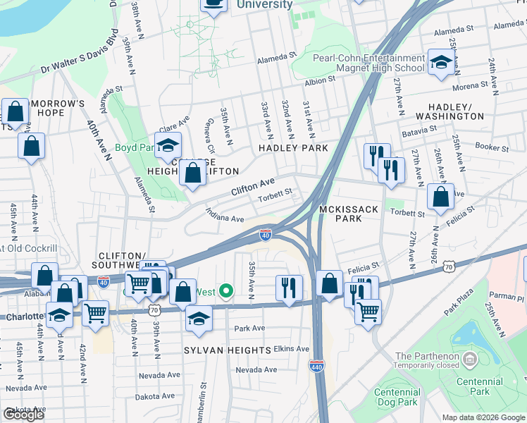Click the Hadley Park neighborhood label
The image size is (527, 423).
pos(293,148)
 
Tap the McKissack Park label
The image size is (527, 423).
pos(350,214)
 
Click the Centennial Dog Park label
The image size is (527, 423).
pos(397,397)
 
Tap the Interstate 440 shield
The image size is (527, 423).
pos(316,365)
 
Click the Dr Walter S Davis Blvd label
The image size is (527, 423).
pos(79,51)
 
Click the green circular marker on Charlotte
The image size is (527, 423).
pos(226,290)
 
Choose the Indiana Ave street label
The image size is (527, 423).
pos(224,214)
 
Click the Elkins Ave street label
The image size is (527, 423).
pos(292,348)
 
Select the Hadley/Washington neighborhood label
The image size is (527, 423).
pos(450,111)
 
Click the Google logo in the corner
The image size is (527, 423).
pos(24,415)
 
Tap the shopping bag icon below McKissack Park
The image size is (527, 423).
pos(329,283)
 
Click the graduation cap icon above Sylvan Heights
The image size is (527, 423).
pos(199,319)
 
